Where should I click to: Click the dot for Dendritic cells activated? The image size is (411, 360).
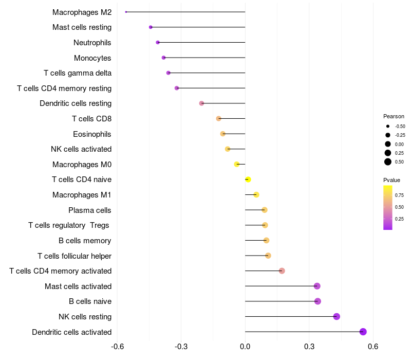363,332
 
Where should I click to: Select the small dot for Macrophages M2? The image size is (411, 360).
126,12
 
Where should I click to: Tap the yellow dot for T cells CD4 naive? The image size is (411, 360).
248,179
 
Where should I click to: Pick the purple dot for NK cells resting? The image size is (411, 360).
337,316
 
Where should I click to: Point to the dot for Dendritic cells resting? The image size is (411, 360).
201,103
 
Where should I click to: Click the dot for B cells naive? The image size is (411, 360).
317,301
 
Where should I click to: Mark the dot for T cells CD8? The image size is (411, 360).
218,118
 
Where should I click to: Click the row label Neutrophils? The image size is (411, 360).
92,42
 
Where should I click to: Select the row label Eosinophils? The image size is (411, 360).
92,134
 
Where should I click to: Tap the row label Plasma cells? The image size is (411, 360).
90,210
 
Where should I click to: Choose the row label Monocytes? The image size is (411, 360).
92,58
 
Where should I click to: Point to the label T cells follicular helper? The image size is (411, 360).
74,256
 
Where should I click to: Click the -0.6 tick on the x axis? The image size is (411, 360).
118,346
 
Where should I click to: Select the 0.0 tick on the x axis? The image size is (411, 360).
245,346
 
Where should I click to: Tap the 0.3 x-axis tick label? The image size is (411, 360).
309,346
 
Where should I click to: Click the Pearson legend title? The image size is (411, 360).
394,116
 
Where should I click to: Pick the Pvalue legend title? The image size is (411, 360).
391,180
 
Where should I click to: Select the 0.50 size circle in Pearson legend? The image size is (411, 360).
387,162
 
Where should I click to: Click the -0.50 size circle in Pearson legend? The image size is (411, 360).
387,126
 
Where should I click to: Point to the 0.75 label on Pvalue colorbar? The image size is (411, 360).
399,195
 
